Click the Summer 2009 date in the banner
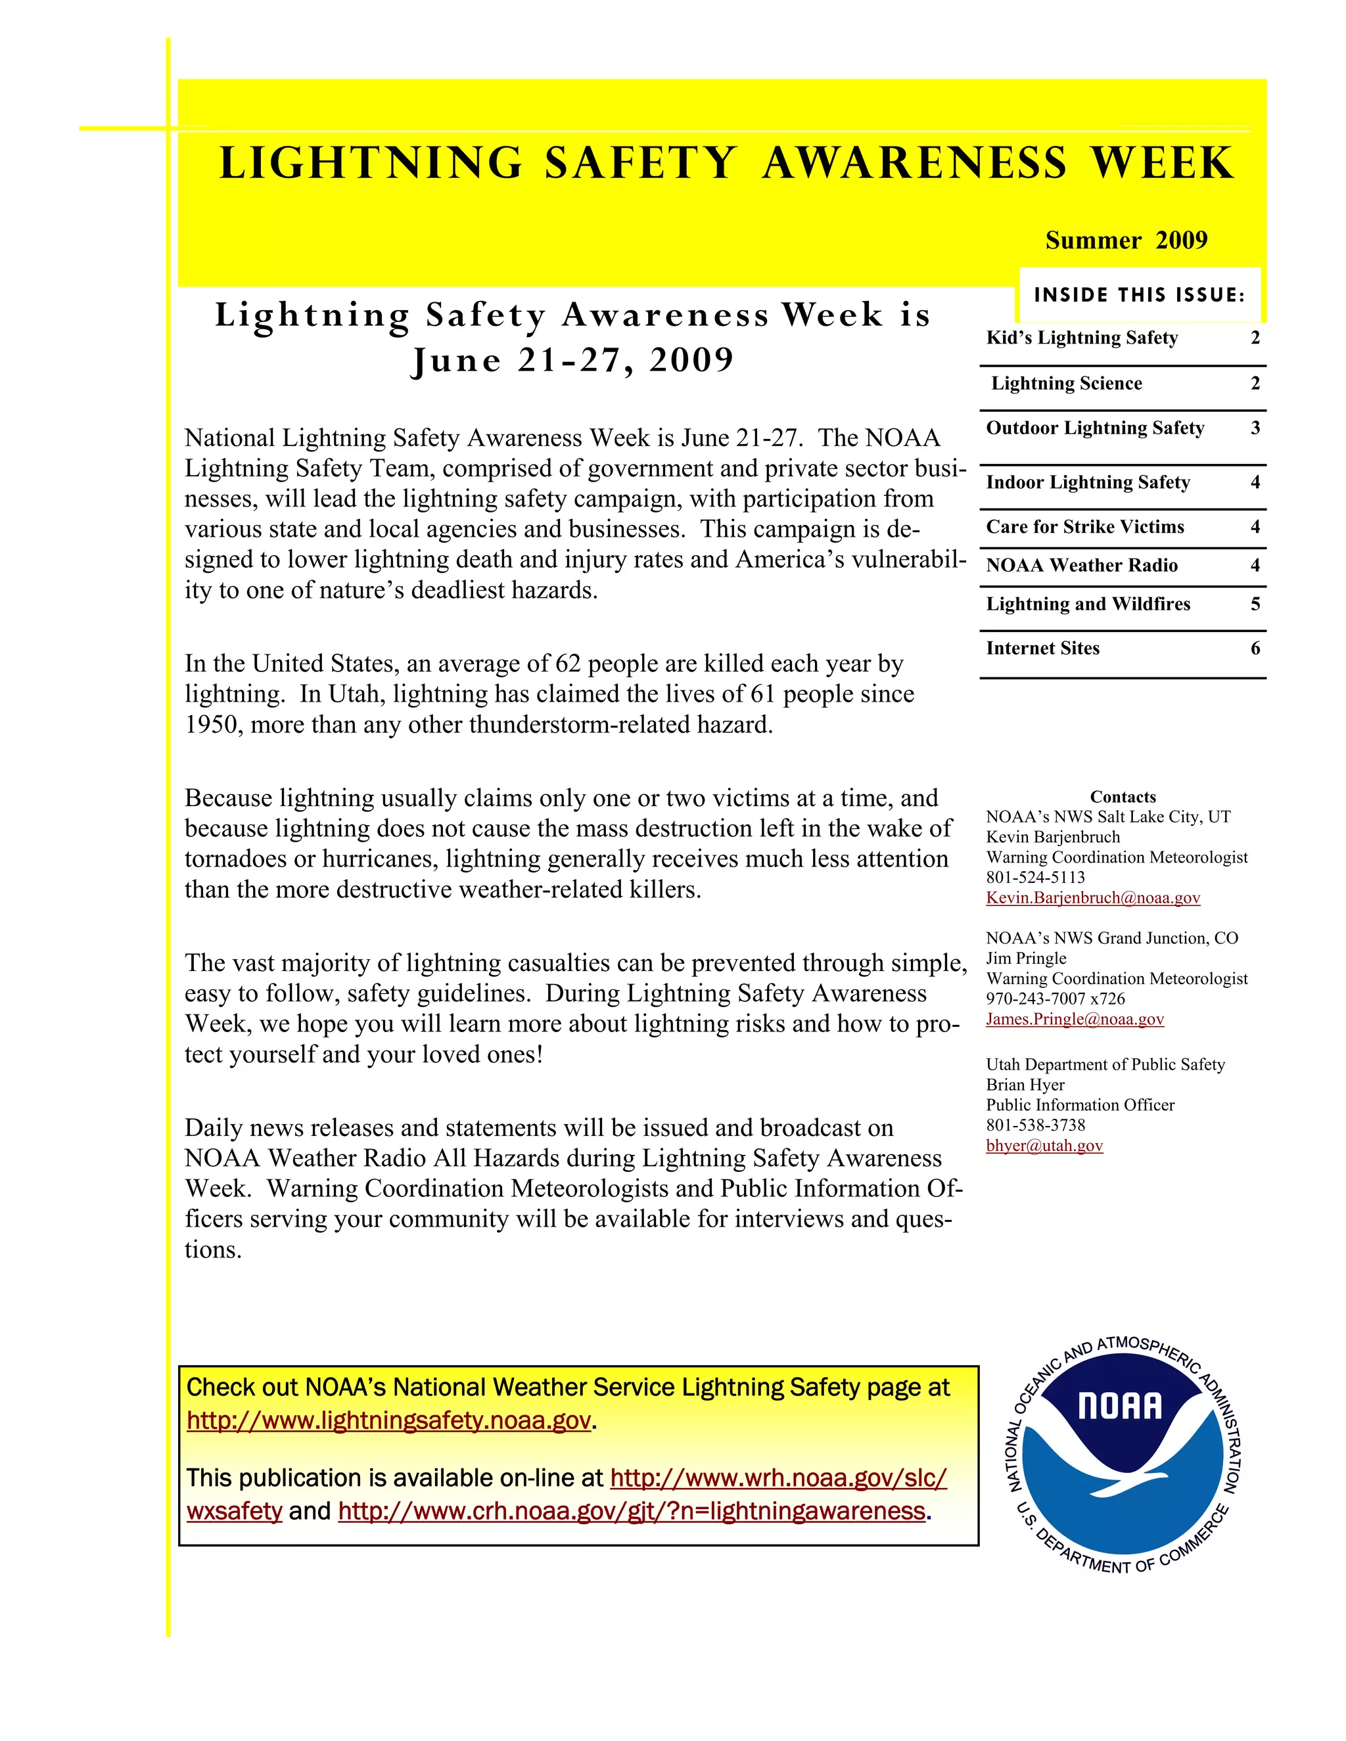pyautogui.click(x=1126, y=240)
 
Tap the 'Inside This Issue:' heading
pyautogui.click(x=1139, y=296)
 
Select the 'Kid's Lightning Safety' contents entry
pyautogui.click(x=1081, y=338)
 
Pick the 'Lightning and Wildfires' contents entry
pyautogui.click(x=1088, y=604)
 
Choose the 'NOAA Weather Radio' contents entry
pyautogui.click(x=1081, y=565)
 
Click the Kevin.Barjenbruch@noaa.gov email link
pyautogui.click(x=1092, y=897)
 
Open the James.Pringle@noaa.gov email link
pyautogui.click(x=1075, y=1019)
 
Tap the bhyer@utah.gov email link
pyautogui.click(x=1044, y=1146)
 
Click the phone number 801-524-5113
pyautogui.click(x=1035, y=878)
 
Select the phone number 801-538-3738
pyautogui.click(x=1035, y=1125)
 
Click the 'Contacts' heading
pyautogui.click(x=1123, y=797)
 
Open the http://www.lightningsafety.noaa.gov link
pyautogui.click(x=389, y=1420)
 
